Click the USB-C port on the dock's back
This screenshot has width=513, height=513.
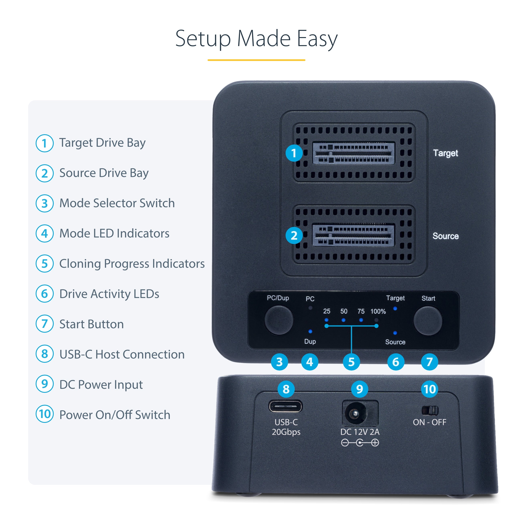[x=285, y=406]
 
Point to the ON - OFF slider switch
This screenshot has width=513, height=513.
[x=430, y=411]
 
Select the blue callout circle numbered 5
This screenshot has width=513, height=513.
[x=351, y=362]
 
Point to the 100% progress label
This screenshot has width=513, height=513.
[x=378, y=311]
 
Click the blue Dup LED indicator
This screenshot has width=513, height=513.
[x=310, y=331]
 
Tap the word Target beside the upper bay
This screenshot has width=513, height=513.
[x=445, y=153]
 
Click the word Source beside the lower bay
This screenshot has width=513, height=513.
[x=445, y=236]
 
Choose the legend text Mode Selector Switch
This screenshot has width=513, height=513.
[x=117, y=203]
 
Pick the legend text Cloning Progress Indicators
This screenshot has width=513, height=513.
[x=132, y=264]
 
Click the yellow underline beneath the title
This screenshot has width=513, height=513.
[x=256, y=60]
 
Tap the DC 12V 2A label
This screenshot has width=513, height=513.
[x=360, y=432]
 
